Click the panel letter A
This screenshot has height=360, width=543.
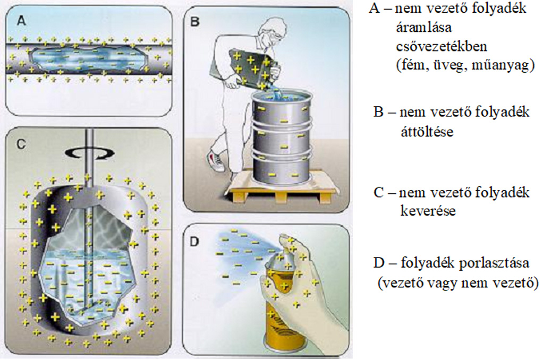click(x=21, y=21)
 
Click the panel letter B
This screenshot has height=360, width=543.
click(x=195, y=22)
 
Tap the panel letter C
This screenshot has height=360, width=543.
click(x=21, y=143)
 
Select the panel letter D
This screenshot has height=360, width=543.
click(x=195, y=242)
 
